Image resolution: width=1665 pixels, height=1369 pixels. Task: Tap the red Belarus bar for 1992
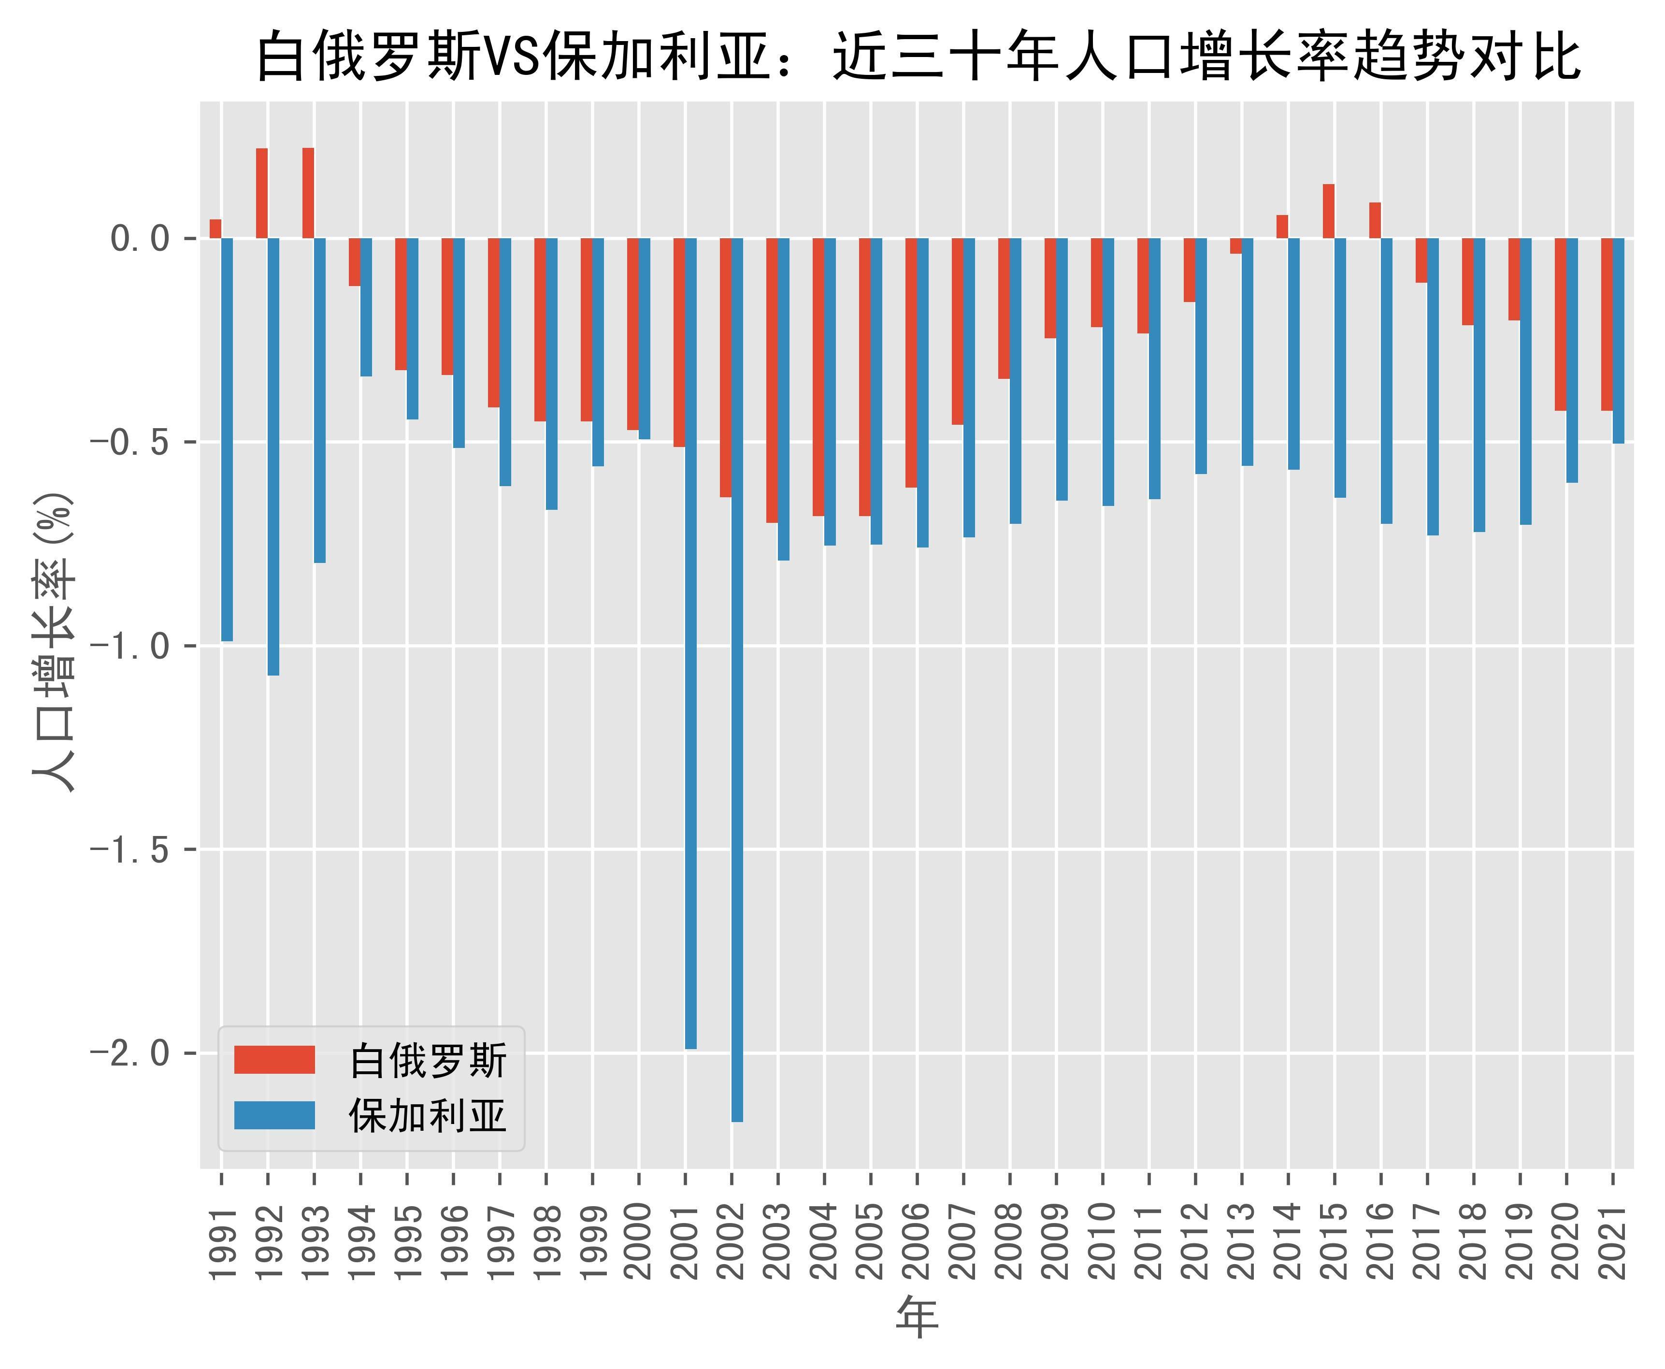click(x=262, y=193)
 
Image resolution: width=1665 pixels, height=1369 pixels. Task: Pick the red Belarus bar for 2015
click(x=1328, y=211)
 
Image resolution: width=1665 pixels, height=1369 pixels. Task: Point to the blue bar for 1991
click(x=227, y=439)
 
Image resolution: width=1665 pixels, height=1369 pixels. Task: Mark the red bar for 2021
click(x=1607, y=324)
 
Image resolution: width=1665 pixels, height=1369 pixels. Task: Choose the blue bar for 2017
click(x=1433, y=387)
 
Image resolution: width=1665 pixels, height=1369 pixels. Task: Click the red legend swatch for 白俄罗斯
click(x=274, y=1060)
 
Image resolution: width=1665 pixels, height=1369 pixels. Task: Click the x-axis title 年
click(x=917, y=1316)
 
